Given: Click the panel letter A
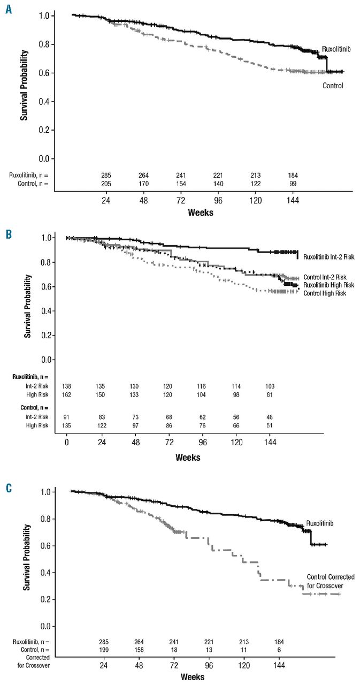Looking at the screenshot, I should click(x=9, y=9).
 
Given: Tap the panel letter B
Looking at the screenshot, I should click(x=9, y=234).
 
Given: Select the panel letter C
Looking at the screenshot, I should click(x=9, y=488).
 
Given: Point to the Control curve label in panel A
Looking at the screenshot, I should click(x=333, y=85).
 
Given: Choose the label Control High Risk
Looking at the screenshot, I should click(x=325, y=293).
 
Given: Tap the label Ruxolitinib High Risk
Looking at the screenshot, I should click(x=328, y=285).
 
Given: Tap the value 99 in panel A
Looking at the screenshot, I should click(x=293, y=184).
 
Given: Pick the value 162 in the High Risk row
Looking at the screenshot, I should click(x=67, y=394).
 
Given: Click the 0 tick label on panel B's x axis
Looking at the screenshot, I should click(x=67, y=444).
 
